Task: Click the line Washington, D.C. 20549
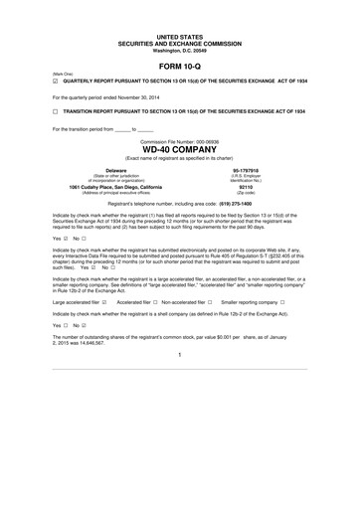tap(180, 50)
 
